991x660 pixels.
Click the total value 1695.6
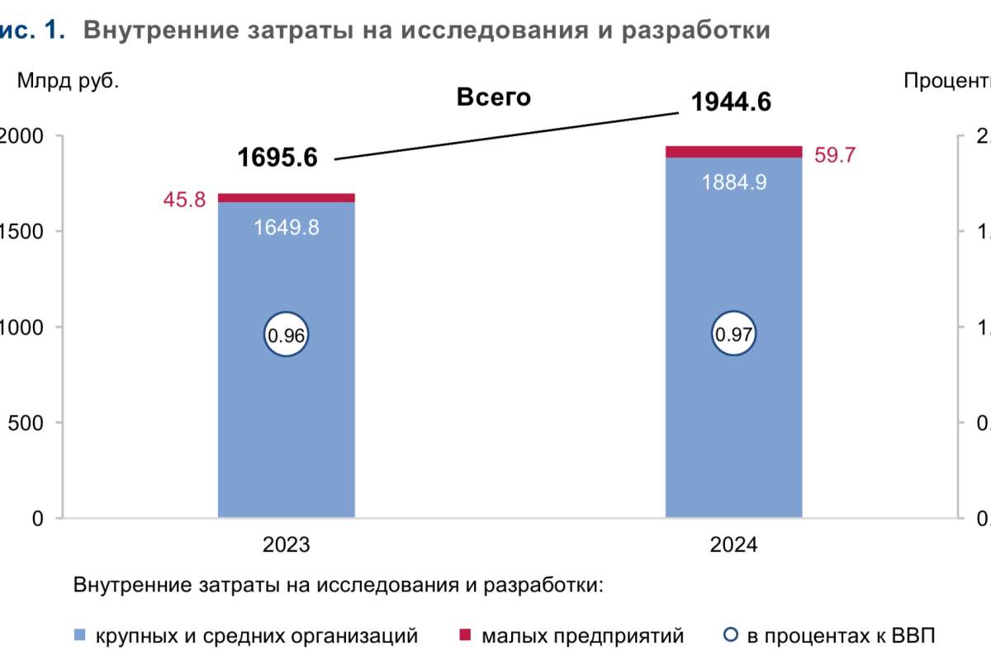(277, 157)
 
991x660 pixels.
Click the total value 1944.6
(731, 102)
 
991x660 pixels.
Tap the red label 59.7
(836, 154)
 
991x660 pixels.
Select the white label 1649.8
(286, 227)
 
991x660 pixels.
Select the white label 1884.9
(733, 182)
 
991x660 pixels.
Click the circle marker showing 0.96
(286, 335)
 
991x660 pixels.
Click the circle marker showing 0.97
(733, 335)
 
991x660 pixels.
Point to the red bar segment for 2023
(286, 197)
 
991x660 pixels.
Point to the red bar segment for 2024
(733, 151)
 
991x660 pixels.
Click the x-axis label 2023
(286, 545)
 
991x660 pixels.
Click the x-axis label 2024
(733, 545)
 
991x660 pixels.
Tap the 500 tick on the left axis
(25, 422)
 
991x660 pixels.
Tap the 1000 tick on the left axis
(20, 327)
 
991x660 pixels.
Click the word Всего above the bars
(493, 97)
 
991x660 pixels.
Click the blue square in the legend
(80, 635)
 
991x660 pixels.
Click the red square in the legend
(465, 635)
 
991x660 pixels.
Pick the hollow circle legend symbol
(730, 635)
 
